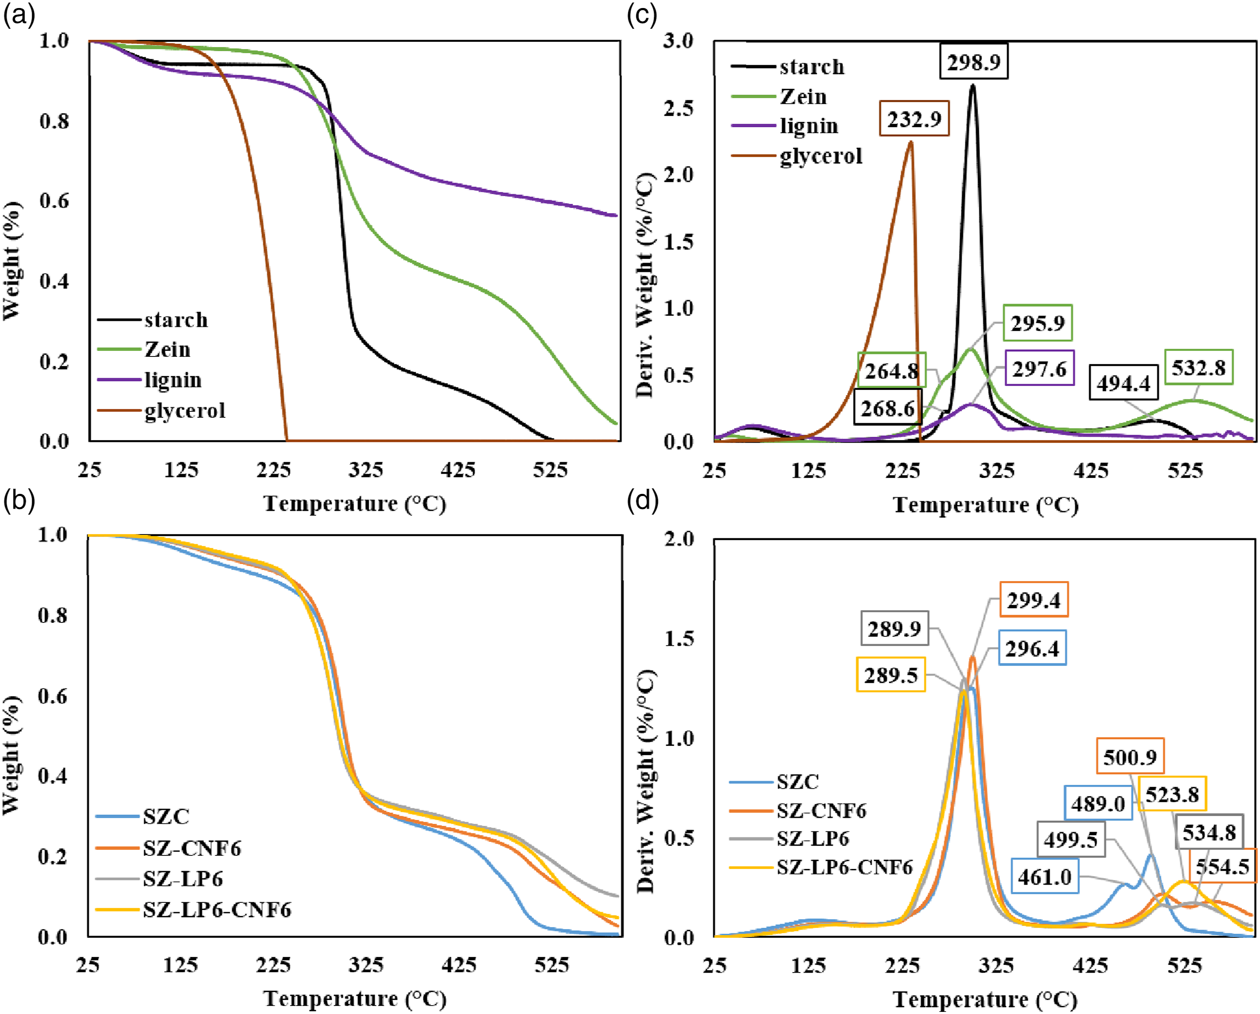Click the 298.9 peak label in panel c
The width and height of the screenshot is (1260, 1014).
pos(974,61)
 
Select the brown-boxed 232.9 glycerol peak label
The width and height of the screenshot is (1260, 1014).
pos(914,119)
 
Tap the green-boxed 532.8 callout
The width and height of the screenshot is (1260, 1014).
pos(1199,367)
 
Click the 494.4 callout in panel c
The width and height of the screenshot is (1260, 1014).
pos(1123,384)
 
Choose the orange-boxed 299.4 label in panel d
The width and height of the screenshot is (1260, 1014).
pos(1034,600)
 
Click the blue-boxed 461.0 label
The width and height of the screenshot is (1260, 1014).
pos(1044,877)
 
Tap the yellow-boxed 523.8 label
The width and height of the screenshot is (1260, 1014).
pos(1172,794)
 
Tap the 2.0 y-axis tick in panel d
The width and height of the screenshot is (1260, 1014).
pos(679,538)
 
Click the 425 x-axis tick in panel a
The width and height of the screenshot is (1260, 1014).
pos(458,469)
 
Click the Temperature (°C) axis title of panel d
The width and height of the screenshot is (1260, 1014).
pos(985,999)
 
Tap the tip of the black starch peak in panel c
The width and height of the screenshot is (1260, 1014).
pos(972,85)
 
